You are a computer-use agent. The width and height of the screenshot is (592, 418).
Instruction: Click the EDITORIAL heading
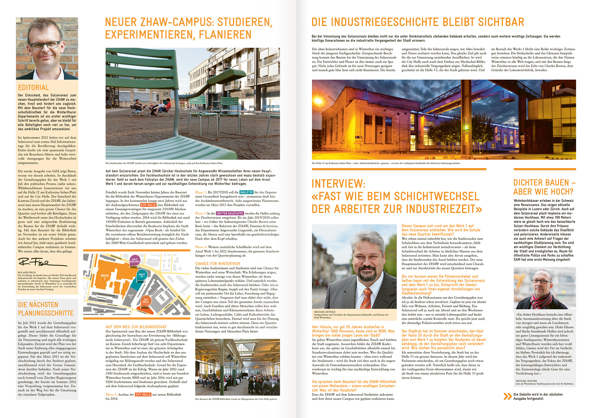(x=33, y=87)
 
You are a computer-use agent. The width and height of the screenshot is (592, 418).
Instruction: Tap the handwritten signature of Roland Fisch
(x=41, y=262)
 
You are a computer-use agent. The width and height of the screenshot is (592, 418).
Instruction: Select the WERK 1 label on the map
(x=105, y=277)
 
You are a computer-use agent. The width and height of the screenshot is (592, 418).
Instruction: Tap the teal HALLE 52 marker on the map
(x=142, y=275)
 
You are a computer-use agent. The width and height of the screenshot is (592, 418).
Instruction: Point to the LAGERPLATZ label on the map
(x=101, y=312)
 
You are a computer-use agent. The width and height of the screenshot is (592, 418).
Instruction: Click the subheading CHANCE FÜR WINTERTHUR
(x=218, y=264)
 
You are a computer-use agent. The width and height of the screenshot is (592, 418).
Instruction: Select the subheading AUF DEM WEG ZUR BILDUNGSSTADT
(x=136, y=327)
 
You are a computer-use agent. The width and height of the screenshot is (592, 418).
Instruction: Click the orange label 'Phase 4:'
(x=201, y=247)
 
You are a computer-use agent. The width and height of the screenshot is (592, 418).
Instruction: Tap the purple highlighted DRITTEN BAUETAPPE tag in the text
(x=230, y=214)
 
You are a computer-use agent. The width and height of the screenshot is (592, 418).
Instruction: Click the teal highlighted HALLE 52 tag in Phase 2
(x=246, y=192)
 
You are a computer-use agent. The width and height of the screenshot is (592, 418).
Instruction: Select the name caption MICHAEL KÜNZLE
(x=325, y=312)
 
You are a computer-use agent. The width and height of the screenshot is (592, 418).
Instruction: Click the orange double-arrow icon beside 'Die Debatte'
(x=508, y=396)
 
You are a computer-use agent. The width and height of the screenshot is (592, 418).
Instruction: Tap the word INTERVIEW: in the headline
(x=338, y=184)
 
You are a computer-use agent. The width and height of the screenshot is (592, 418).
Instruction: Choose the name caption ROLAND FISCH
(x=27, y=272)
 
